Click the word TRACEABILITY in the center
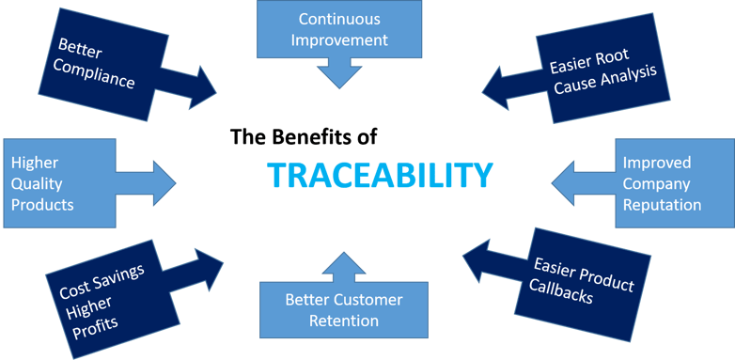pos(380,176)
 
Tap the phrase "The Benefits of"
pos(304,137)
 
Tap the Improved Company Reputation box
pos(673,182)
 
